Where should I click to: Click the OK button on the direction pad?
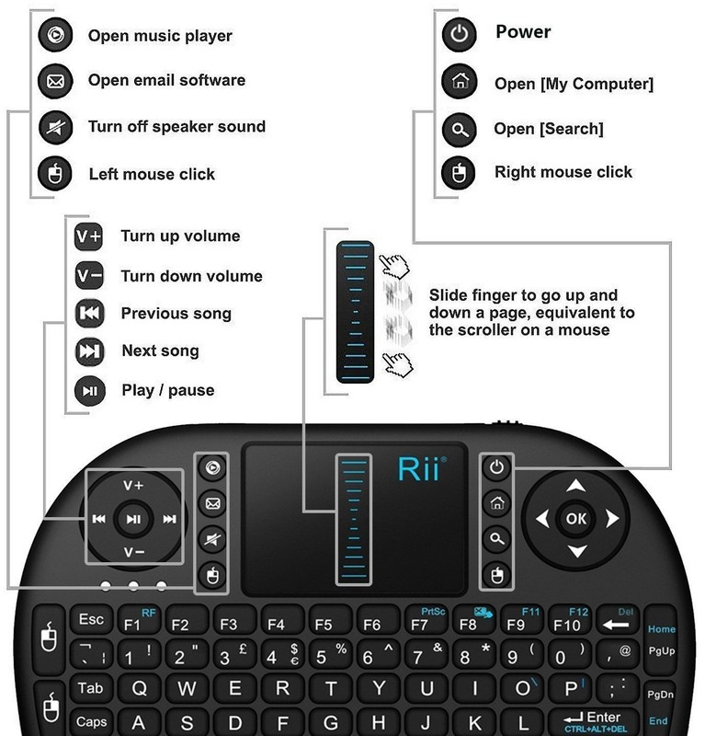pos(576,519)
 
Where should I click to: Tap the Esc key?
pos(92,619)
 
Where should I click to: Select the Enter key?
pos(596,721)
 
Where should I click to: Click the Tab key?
pos(90,688)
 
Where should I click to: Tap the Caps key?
pos(92,721)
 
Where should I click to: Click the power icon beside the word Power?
pos(459,34)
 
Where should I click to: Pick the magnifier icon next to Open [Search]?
pos(459,129)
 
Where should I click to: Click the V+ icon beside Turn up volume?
pos(88,236)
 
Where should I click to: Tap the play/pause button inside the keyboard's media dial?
pos(133,519)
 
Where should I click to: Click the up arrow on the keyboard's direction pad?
pos(576,486)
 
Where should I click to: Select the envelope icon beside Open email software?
pos(55,81)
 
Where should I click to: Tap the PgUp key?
pos(661,652)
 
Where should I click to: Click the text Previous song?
pos(176,314)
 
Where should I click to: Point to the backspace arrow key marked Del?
pos(618,619)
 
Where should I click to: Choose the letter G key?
pos(330,722)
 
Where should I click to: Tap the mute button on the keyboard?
pos(212,540)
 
